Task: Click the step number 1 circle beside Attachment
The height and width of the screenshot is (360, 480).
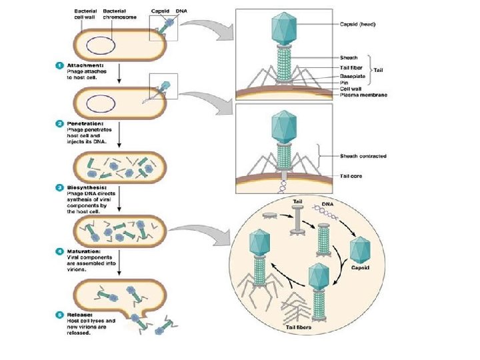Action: pyautogui.click(x=59, y=65)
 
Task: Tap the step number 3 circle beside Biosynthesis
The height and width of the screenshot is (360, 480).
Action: pyautogui.click(x=59, y=187)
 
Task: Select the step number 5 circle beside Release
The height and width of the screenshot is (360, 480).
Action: pyautogui.click(x=59, y=315)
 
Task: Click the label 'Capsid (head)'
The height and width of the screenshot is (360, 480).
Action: pyautogui.click(x=357, y=24)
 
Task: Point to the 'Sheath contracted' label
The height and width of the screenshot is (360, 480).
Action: pyautogui.click(x=363, y=156)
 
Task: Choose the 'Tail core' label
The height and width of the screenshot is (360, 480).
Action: pyautogui.click(x=351, y=176)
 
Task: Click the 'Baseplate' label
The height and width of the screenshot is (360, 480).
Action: pyautogui.click(x=353, y=76)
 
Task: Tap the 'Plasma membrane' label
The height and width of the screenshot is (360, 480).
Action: pyautogui.click(x=363, y=95)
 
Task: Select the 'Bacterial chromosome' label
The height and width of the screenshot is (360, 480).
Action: pyautogui.click(x=120, y=14)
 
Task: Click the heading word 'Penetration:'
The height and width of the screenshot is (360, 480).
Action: pyautogui.click(x=85, y=124)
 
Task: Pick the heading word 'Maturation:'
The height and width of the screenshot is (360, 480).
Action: pyautogui.click(x=83, y=251)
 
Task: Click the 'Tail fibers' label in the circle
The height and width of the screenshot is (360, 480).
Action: pyautogui.click(x=299, y=327)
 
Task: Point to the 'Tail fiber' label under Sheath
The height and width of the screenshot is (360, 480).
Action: pyautogui.click(x=351, y=67)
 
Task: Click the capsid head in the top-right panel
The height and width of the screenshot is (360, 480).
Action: pyautogui.click(x=284, y=29)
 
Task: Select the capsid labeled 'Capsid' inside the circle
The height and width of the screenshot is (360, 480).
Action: pyautogui.click(x=360, y=250)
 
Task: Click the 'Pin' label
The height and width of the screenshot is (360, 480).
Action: pyautogui.click(x=344, y=83)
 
